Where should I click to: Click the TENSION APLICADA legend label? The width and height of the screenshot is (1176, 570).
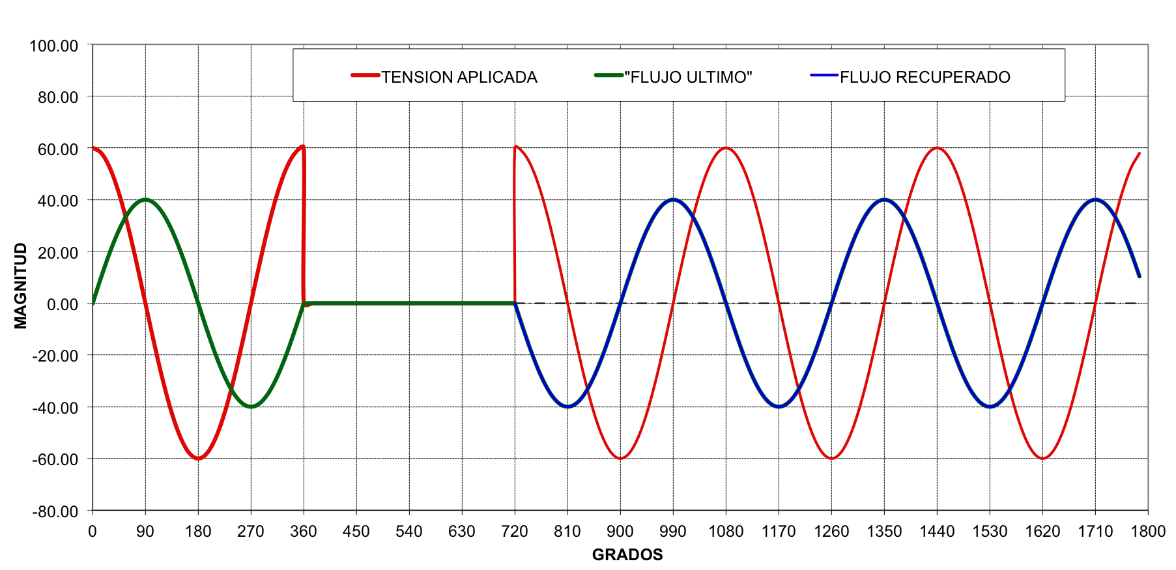click(459, 77)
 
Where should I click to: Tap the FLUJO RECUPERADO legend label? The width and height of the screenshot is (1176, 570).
click(925, 77)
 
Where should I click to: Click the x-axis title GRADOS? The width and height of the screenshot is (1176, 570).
click(627, 554)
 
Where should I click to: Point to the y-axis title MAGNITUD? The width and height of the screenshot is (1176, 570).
click(21, 285)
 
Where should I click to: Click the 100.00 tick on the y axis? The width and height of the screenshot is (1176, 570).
click(53, 46)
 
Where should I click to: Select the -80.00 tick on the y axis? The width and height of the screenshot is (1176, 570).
click(55, 511)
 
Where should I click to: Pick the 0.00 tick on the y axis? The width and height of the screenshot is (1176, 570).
click(63, 304)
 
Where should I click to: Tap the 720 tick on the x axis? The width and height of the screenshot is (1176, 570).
click(514, 532)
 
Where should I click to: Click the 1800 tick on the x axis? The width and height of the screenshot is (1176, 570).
click(1148, 532)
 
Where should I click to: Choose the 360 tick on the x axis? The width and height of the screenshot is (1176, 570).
click(303, 532)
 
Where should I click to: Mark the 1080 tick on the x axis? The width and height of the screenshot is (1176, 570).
click(726, 532)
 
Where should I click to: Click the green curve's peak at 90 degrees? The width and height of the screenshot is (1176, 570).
click(145, 199)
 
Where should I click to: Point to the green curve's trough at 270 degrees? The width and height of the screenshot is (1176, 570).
click(251, 406)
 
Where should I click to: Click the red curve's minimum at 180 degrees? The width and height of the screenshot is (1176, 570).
click(198, 459)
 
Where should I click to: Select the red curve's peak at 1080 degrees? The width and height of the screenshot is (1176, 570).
click(726, 148)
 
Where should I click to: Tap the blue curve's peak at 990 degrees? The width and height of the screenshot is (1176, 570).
click(673, 199)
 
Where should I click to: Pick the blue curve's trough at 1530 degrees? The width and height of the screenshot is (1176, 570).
click(990, 406)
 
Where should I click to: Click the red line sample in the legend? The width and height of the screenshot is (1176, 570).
click(365, 76)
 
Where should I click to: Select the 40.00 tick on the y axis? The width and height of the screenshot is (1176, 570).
click(58, 201)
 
